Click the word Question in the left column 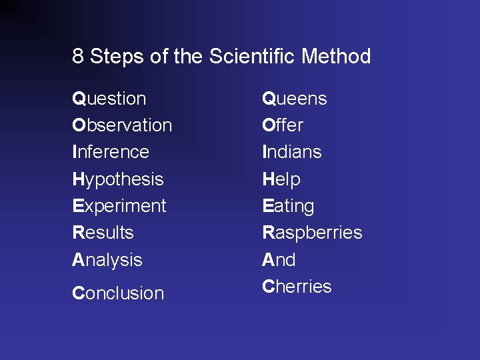click(109, 99)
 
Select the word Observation click(122, 125)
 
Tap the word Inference click(111, 152)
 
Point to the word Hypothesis click(117, 179)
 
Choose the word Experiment click(119, 206)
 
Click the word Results click(103, 233)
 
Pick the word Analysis click(107, 259)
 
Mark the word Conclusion click(117, 293)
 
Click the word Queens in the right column click(294, 99)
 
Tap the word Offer click(283, 125)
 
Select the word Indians click(292, 152)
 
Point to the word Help click(281, 179)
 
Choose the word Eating click(288, 206)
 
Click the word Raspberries click(312, 233)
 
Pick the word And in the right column click(279, 259)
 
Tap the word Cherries click(297, 287)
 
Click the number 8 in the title click(78, 57)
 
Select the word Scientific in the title click(253, 57)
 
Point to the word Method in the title click(336, 57)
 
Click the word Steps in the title click(117, 57)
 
